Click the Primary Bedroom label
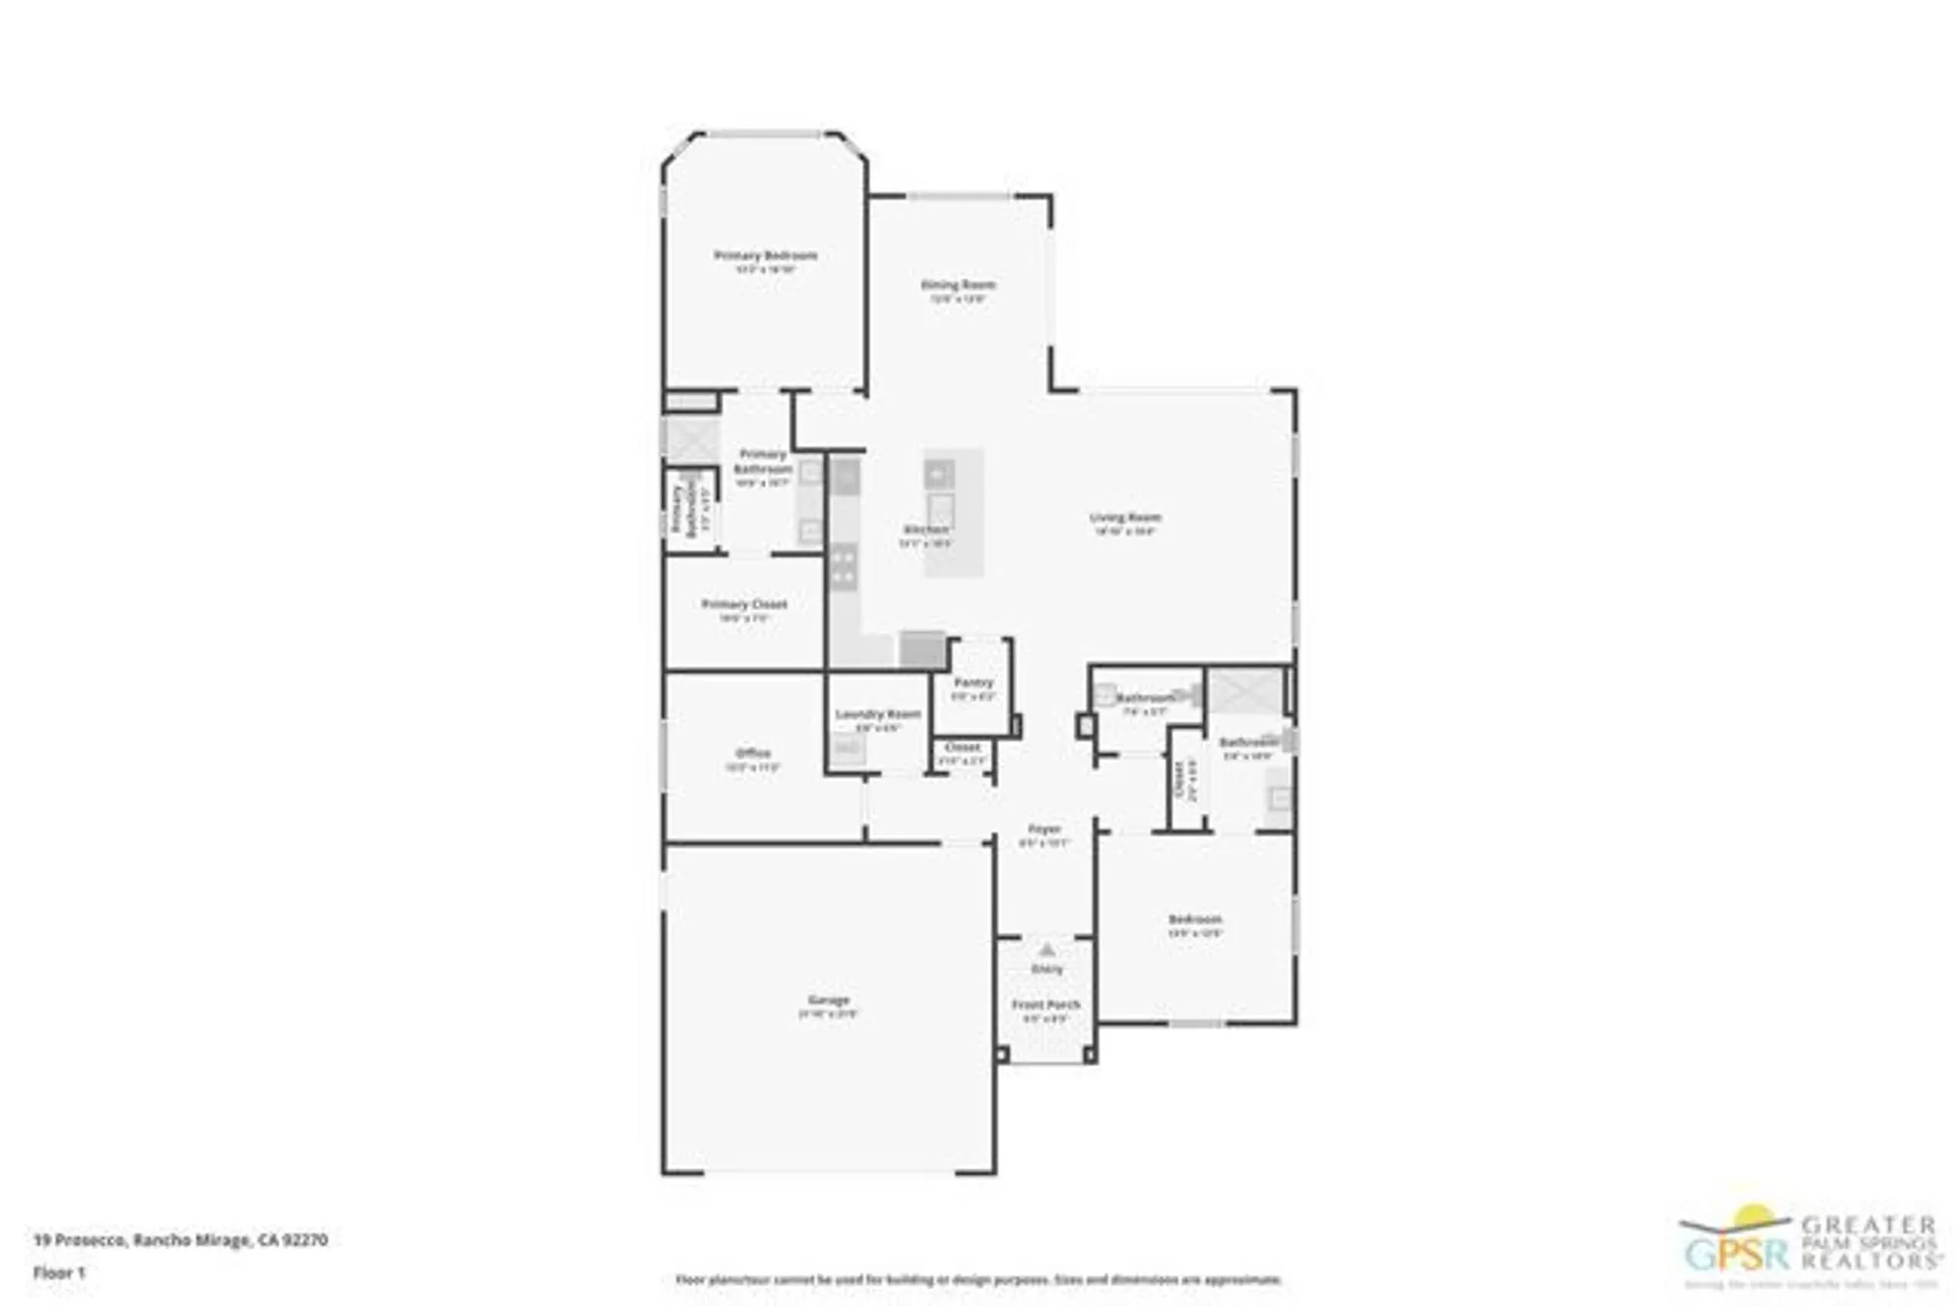pyautogui.click(x=766, y=256)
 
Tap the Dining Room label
pyautogui.click(x=957, y=285)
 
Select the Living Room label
pyautogui.click(x=1125, y=517)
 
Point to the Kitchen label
pyautogui.click(x=925, y=530)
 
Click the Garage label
pyautogui.click(x=828, y=1000)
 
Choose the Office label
pyautogui.click(x=753, y=753)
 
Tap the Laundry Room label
pyautogui.click(x=877, y=714)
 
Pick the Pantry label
pyautogui.click(x=973, y=682)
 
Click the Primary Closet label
pyautogui.click(x=744, y=604)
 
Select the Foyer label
pyautogui.click(x=1045, y=829)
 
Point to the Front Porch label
pyautogui.click(x=1046, y=1004)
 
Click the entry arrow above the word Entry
pyautogui.click(x=1047, y=950)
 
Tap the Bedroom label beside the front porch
pyautogui.click(x=1195, y=919)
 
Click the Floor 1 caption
pyautogui.click(x=60, y=1273)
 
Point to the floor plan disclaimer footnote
pyautogui.click(x=978, y=1280)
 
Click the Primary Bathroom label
pyautogui.click(x=763, y=461)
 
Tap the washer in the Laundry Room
pyautogui.click(x=848, y=750)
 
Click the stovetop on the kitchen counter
pyautogui.click(x=844, y=567)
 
